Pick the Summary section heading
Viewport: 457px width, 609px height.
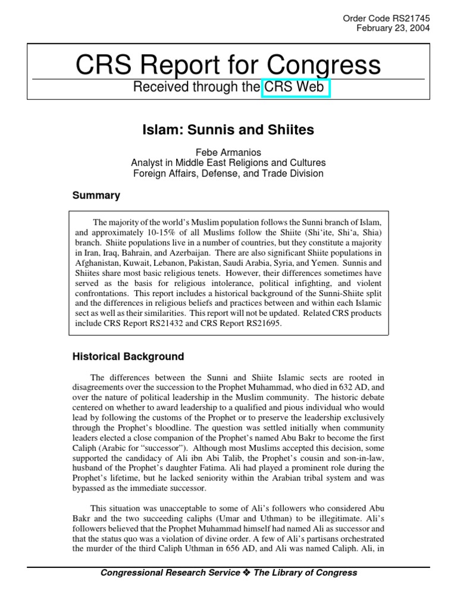click(96, 195)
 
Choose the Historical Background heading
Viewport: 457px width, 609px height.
click(128, 357)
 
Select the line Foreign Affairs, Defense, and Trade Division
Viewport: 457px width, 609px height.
click(228, 174)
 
